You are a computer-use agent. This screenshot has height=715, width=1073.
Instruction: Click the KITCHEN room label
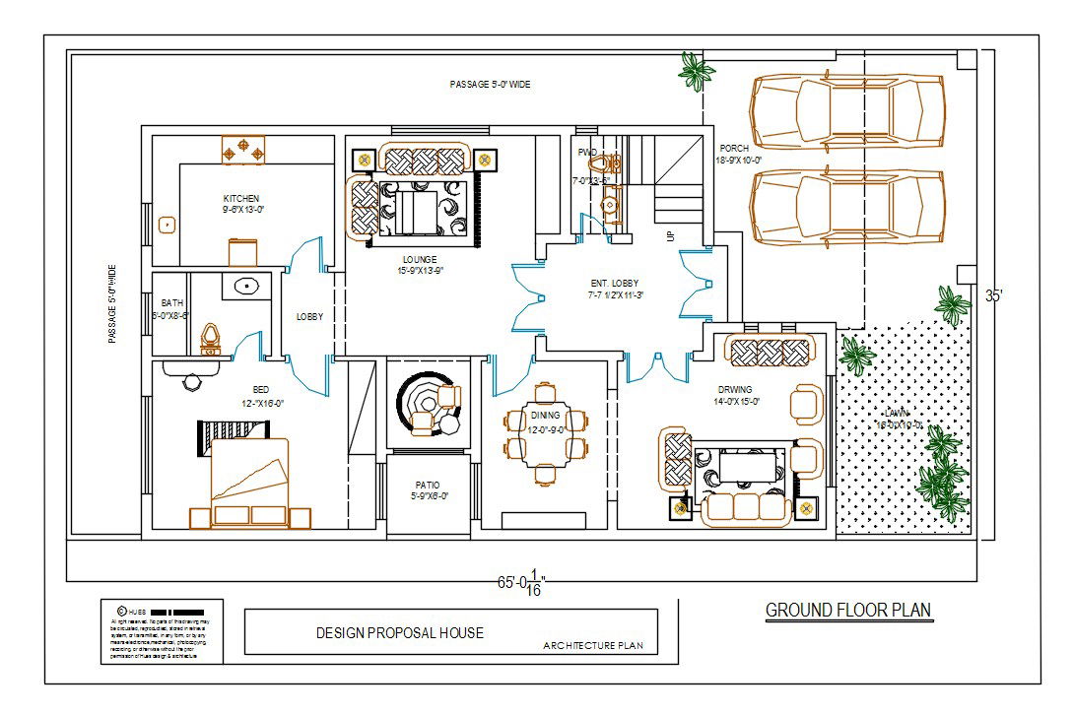(241, 199)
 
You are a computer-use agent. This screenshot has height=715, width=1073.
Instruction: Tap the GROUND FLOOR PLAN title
(848, 611)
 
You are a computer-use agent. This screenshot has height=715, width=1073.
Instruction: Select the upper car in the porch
(847, 111)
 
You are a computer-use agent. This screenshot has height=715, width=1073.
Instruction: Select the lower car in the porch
(847, 208)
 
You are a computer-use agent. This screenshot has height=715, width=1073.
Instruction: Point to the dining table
(546, 437)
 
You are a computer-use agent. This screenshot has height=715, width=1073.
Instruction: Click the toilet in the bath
(209, 338)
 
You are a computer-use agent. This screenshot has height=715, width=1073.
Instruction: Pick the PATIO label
(428, 486)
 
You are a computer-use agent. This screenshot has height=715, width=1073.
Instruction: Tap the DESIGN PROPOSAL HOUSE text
(399, 632)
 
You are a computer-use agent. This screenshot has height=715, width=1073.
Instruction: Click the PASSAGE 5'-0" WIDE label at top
(490, 86)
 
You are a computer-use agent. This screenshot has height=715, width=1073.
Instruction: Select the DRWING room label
(735, 389)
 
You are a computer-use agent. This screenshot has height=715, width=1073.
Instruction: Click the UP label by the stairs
(671, 237)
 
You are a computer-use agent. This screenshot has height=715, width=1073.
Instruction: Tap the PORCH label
(734, 149)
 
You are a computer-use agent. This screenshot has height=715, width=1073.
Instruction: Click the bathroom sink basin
(245, 288)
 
